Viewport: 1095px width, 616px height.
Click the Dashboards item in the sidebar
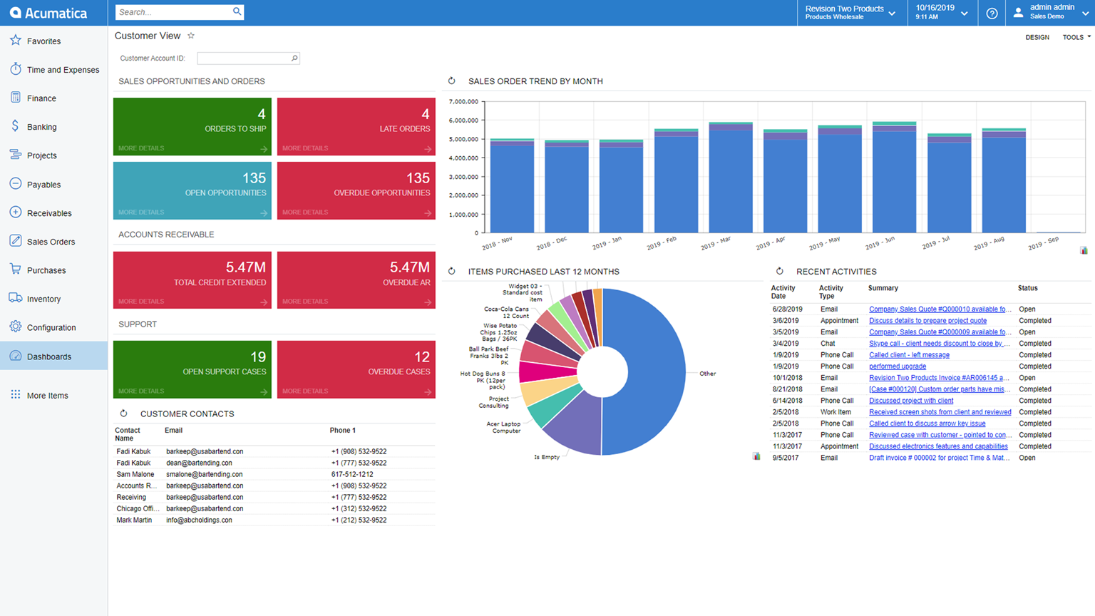coord(48,356)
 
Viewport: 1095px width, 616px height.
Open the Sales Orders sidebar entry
coord(50,242)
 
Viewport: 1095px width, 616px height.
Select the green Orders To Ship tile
coord(192,126)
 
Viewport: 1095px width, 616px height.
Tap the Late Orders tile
coord(356,126)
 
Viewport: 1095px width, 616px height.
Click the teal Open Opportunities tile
coord(192,190)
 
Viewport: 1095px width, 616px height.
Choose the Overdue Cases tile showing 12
coord(356,369)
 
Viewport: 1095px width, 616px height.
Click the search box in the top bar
coord(174,12)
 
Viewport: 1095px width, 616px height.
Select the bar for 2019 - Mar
coord(731,178)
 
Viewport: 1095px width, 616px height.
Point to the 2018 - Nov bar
coord(512,187)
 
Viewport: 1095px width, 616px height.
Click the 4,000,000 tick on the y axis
coord(463,158)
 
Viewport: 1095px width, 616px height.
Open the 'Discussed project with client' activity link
coord(910,401)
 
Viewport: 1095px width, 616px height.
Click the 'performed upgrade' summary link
coord(897,366)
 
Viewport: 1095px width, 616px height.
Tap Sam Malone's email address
coord(204,474)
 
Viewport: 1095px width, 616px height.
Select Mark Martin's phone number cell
coord(359,520)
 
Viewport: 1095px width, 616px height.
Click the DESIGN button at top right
coord(1037,37)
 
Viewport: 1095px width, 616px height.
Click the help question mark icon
coord(992,13)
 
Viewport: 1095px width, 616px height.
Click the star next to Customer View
coord(191,36)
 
